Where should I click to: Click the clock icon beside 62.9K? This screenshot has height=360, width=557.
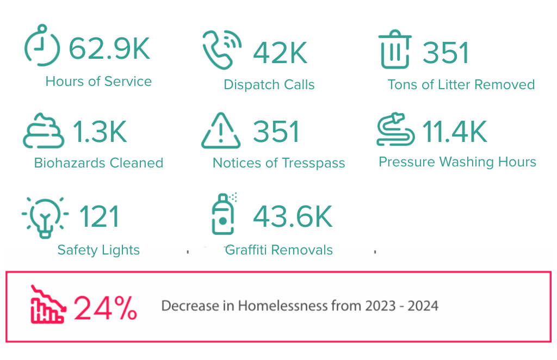(42, 46)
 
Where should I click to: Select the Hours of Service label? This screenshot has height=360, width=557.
(98, 82)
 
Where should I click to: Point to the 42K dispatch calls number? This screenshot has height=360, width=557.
(280, 53)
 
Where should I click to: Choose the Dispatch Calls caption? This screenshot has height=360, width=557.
(269, 85)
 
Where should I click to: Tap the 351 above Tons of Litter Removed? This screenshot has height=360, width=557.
(446, 53)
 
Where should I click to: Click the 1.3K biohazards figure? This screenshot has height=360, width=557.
(100, 132)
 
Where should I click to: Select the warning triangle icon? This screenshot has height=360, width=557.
(220, 131)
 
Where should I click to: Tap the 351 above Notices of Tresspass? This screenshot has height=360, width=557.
(276, 132)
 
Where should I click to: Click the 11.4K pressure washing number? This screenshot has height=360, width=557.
(455, 131)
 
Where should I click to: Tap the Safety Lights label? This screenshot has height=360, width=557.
(98, 250)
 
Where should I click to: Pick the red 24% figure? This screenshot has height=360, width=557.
(106, 308)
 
